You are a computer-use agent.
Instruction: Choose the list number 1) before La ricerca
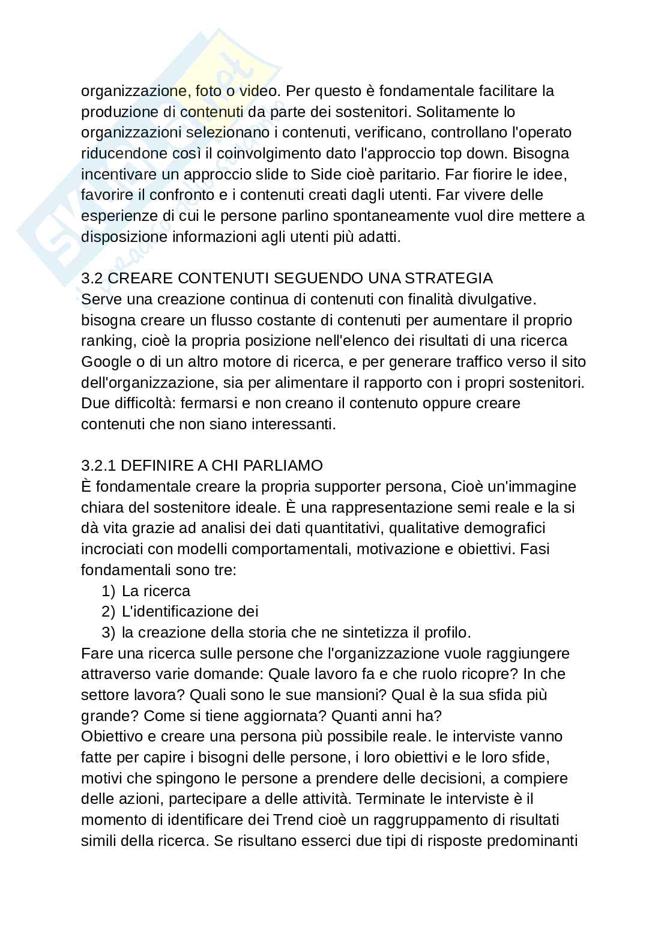click(108, 591)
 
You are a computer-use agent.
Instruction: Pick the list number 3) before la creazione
click(108, 632)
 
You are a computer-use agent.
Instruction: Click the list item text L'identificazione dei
click(190, 611)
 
